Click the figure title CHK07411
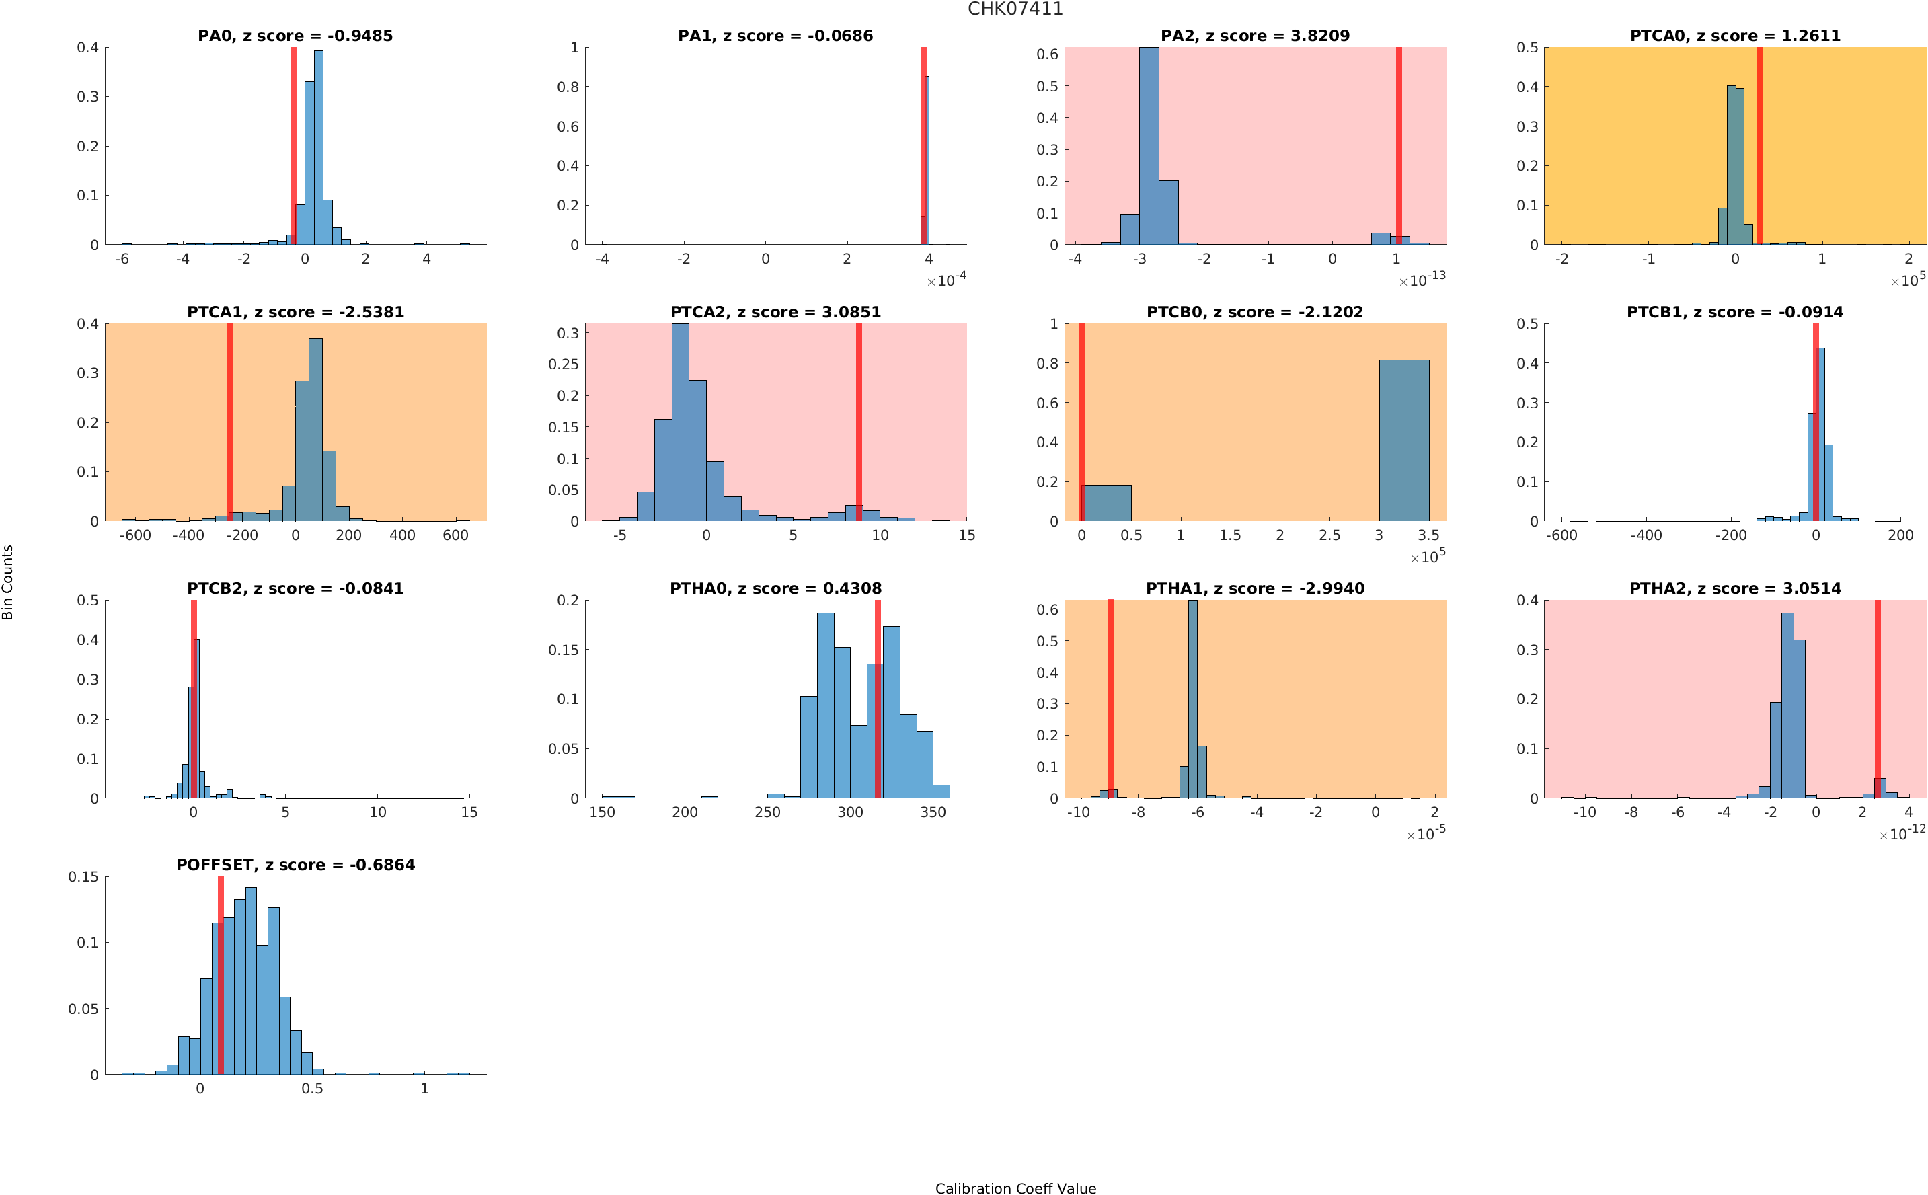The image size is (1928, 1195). click(x=1015, y=9)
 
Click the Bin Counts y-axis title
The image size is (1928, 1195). click(x=8, y=582)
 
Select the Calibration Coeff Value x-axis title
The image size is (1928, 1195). click(x=1015, y=1187)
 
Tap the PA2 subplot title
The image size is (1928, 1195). click(x=1254, y=36)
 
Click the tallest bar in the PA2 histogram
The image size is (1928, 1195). click(x=1148, y=146)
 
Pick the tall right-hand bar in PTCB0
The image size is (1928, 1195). click(x=1403, y=440)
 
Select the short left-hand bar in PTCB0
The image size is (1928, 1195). click(x=1106, y=502)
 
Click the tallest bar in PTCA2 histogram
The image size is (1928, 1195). click(x=679, y=423)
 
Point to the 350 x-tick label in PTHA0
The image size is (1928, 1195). click(x=932, y=812)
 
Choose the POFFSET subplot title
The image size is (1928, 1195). click(x=295, y=865)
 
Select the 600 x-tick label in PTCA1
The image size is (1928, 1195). click(x=455, y=535)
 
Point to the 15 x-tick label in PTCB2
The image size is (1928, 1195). click(x=469, y=812)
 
